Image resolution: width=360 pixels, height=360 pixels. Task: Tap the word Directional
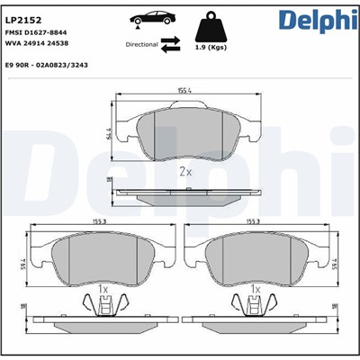[x=141, y=43]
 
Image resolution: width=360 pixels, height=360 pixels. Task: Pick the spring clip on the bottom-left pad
[x=103, y=307]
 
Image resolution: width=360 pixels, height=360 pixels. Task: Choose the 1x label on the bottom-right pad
[x=256, y=289]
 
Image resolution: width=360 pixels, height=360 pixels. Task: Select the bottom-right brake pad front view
[x=261, y=256]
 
